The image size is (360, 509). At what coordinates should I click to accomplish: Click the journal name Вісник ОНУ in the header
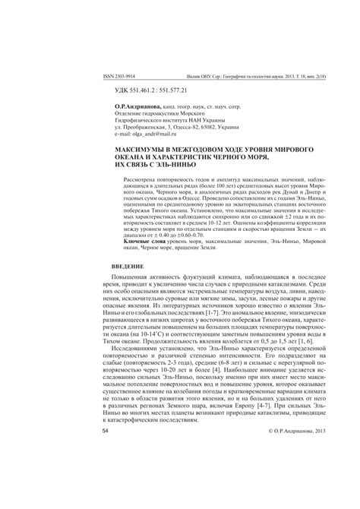pyautogui.click(x=203, y=77)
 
